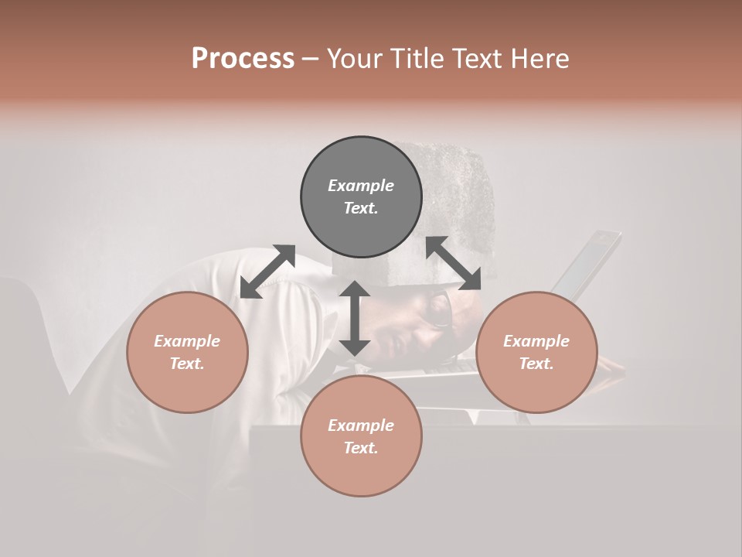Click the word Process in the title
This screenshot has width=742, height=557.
[243, 59]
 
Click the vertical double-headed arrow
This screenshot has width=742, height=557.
[355, 318]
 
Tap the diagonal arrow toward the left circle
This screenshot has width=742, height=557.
[267, 272]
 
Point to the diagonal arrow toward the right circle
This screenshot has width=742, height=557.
[454, 263]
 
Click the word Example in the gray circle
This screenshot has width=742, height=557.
[361, 186]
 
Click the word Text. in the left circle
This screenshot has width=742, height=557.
[187, 364]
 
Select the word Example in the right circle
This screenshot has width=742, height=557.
[536, 341]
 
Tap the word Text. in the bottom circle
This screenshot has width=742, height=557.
[361, 448]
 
